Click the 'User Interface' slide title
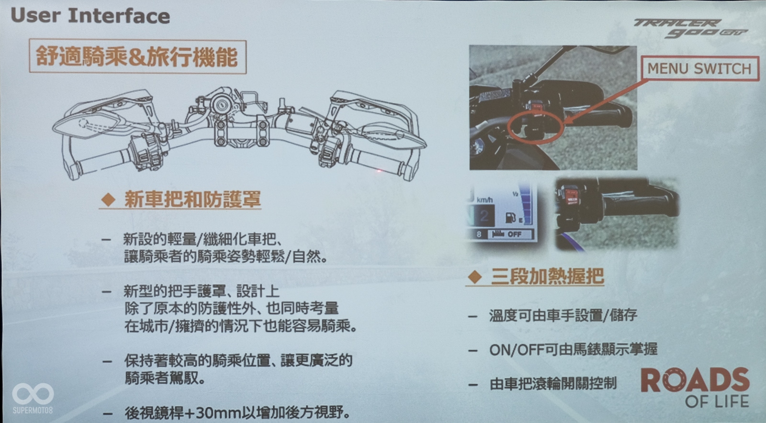tap(90, 16)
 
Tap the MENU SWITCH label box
tap(699, 68)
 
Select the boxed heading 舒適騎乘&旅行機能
tap(137, 56)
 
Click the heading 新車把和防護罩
tap(192, 199)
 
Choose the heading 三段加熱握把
tap(548, 276)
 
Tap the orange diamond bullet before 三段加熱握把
tap(475, 277)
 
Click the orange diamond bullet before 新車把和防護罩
tap(109, 199)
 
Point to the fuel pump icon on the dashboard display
tap(510, 218)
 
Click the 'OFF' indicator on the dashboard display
tap(514, 234)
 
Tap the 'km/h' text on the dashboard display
tap(484, 200)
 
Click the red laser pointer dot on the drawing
tap(379, 170)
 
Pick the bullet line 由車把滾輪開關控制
tap(553, 384)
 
